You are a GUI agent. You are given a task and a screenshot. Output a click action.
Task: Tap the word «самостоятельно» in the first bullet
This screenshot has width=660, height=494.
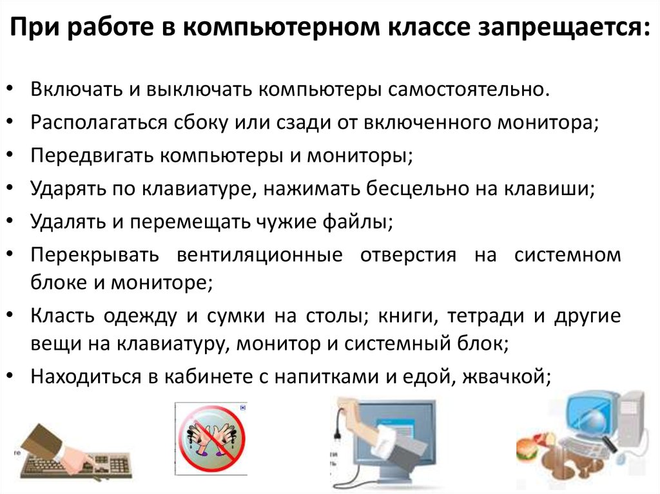pyautogui.click(x=468, y=90)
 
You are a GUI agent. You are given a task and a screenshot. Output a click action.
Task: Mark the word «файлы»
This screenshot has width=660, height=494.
pyautogui.click(x=357, y=222)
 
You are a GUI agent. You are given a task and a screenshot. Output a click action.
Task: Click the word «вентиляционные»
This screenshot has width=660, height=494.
pyautogui.click(x=260, y=256)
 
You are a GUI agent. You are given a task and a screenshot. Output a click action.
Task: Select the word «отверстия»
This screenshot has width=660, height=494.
pyautogui.click(x=408, y=256)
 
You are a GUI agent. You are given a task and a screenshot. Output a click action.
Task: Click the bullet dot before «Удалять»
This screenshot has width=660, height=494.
pyautogui.click(x=10, y=221)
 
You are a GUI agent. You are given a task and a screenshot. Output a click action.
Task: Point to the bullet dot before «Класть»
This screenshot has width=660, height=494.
pyautogui.click(x=10, y=315)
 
